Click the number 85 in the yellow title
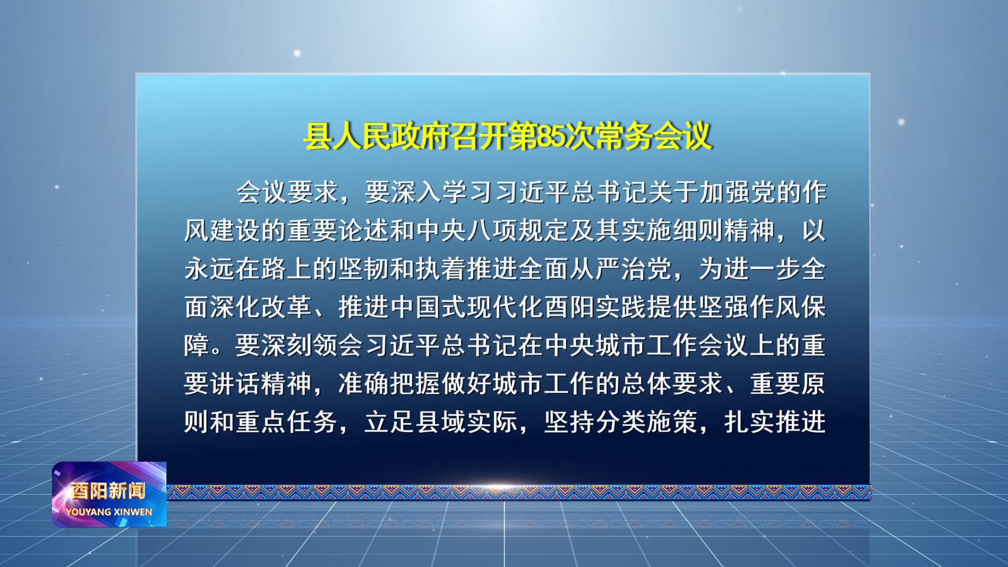coord(551,136)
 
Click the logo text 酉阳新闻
coord(108,491)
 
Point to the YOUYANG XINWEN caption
coord(109,512)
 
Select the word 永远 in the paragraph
coord(209,269)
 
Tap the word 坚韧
coord(364,269)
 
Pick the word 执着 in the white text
coord(441,269)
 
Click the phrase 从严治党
coord(621,269)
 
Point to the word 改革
coord(287,307)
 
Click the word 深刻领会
coord(312,345)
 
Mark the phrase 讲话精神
coord(261,384)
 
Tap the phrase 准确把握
coord(390,384)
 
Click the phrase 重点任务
coord(287,422)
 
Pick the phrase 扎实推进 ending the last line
coord(775,422)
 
